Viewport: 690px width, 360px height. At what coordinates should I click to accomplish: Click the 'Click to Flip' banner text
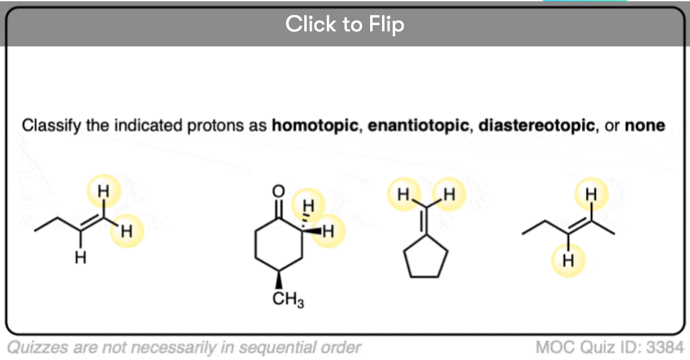[344, 24]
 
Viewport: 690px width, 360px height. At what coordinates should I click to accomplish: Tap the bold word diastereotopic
[536, 125]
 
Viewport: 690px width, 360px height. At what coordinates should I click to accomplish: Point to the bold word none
[645, 125]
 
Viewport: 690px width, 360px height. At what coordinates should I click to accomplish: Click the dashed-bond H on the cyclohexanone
[308, 204]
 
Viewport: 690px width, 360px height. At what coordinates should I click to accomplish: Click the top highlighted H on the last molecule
[590, 195]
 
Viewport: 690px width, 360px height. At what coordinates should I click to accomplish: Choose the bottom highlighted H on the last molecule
[568, 260]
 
